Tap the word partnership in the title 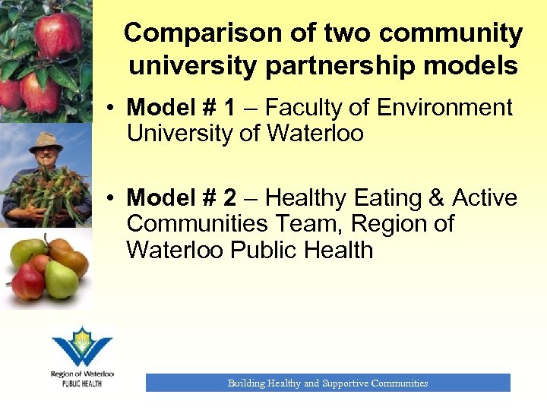(336, 66)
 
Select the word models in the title (468, 66)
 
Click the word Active (485, 198)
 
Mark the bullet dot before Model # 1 (111, 109)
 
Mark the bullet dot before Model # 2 (111, 199)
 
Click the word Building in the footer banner (246, 383)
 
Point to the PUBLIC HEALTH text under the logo (82, 383)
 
